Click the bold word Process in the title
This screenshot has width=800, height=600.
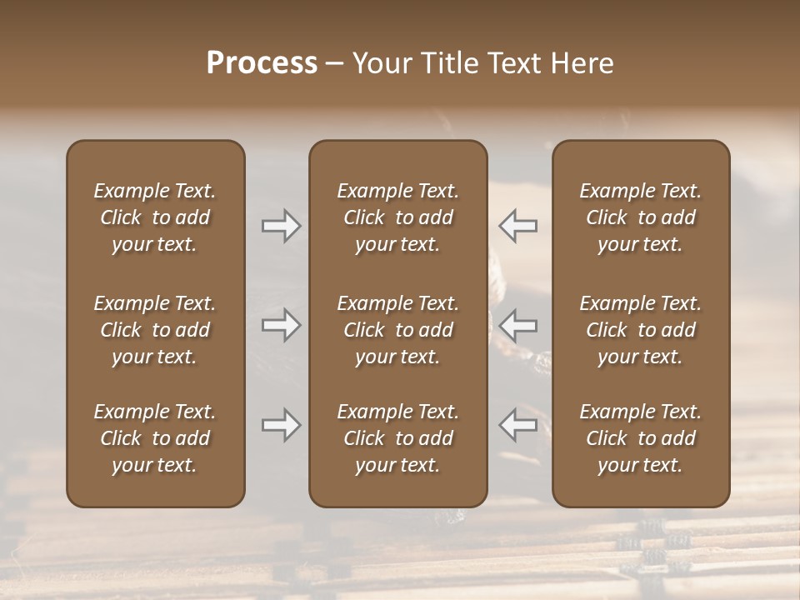click(262, 63)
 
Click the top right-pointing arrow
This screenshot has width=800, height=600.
click(281, 226)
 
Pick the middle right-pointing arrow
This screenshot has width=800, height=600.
click(281, 324)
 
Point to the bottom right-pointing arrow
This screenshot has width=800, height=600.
click(281, 425)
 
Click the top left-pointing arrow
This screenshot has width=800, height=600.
click(518, 226)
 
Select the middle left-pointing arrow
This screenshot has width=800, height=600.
click(518, 324)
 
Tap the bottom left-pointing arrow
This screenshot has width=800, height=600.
click(518, 425)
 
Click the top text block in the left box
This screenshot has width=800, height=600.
click(155, 217)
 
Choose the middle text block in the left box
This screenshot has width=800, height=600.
click(155, 330)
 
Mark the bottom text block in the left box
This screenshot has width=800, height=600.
click(155, 438)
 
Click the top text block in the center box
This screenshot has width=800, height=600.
click(397, 217)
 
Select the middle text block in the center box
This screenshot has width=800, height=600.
click(397, 330)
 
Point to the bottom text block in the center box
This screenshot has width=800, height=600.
click(397, 438)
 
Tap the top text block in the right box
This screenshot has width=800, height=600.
click(641, 217)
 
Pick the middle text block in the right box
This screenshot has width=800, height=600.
click(641, 330)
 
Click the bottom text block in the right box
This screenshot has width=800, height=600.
click(641, 438)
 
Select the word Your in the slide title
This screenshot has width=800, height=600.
click(381, 63)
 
